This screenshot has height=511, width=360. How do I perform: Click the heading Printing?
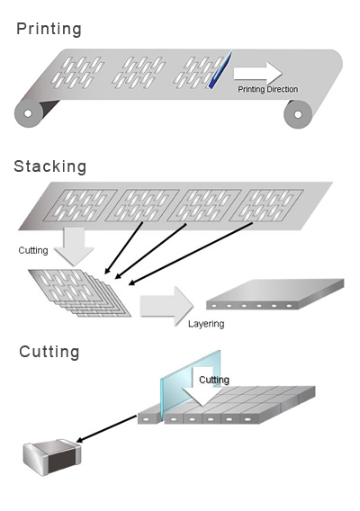pyautogui.click(x=49, y=29)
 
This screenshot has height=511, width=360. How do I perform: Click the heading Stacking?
pyautogui.click(x=50, y=166)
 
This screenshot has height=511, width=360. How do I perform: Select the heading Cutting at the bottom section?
pyautogui.click(x=49, y=352)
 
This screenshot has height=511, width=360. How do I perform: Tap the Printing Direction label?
pyautogui.click(x=267, y=89)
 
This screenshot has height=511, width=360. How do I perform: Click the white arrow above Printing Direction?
pyautogui.click(x=257, y=73)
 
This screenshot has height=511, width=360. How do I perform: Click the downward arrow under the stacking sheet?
pyautogui.click(x=72, y=245)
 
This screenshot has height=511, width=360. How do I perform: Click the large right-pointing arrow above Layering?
pyautogui.click(x=166, y=304)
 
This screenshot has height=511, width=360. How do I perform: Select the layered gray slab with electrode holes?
pyautogui.click(x=274, y=296)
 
